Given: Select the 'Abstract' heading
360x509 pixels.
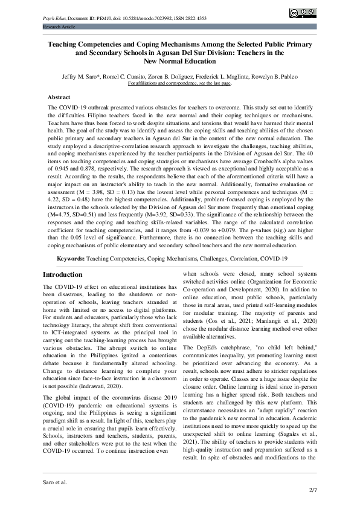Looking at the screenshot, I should coord(59,97).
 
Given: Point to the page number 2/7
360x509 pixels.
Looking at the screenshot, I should coord(313,490).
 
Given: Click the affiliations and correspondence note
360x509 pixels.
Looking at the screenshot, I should coord(179,83).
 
